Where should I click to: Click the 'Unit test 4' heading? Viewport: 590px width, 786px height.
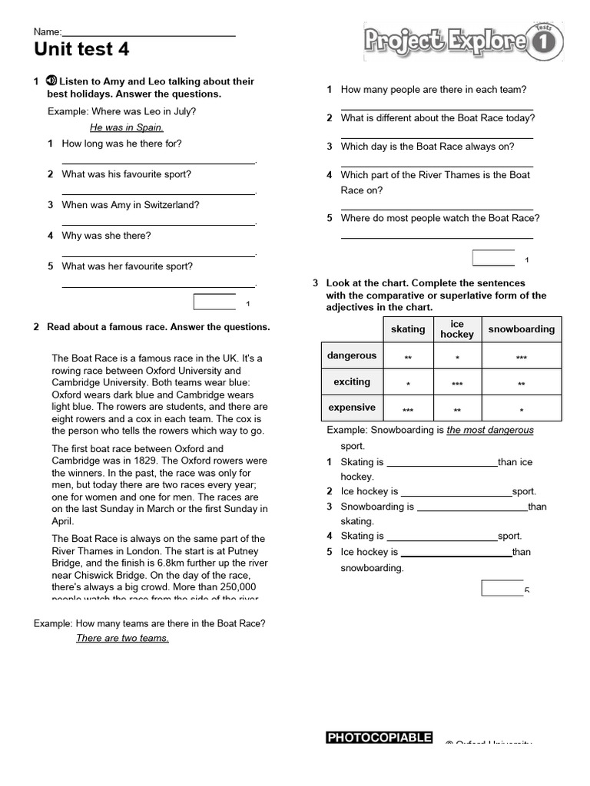point(81,50)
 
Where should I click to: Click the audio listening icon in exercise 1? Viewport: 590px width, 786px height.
point(52,81)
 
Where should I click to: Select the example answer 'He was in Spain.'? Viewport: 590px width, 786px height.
point(127,127)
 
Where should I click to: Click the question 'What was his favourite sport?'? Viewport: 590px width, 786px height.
point(126,174)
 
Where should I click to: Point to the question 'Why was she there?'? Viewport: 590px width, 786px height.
point(106,236)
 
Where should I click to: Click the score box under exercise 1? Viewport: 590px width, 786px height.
point(214,302)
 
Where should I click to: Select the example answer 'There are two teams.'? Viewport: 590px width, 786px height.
point(122,638)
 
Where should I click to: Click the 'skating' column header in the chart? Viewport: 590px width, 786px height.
point(408,329)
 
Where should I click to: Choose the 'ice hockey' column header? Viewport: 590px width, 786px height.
point(457,329)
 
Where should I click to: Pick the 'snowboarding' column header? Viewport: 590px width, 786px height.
point(521,329)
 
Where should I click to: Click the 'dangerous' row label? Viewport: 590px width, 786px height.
point(352,355)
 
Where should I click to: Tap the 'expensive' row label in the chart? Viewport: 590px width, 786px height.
point(352,408)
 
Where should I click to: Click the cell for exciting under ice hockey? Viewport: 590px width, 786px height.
point(457,384)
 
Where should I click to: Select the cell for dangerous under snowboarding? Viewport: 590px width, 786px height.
point(521,358)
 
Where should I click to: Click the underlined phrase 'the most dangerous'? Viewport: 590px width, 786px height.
point(490,430)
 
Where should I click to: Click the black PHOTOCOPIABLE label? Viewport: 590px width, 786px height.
point(380,738)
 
